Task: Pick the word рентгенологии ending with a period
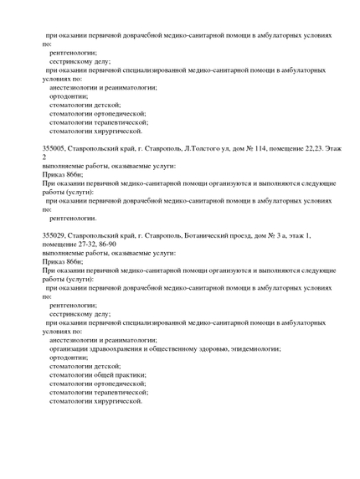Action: pyautogui.click(x=73, y=217)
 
